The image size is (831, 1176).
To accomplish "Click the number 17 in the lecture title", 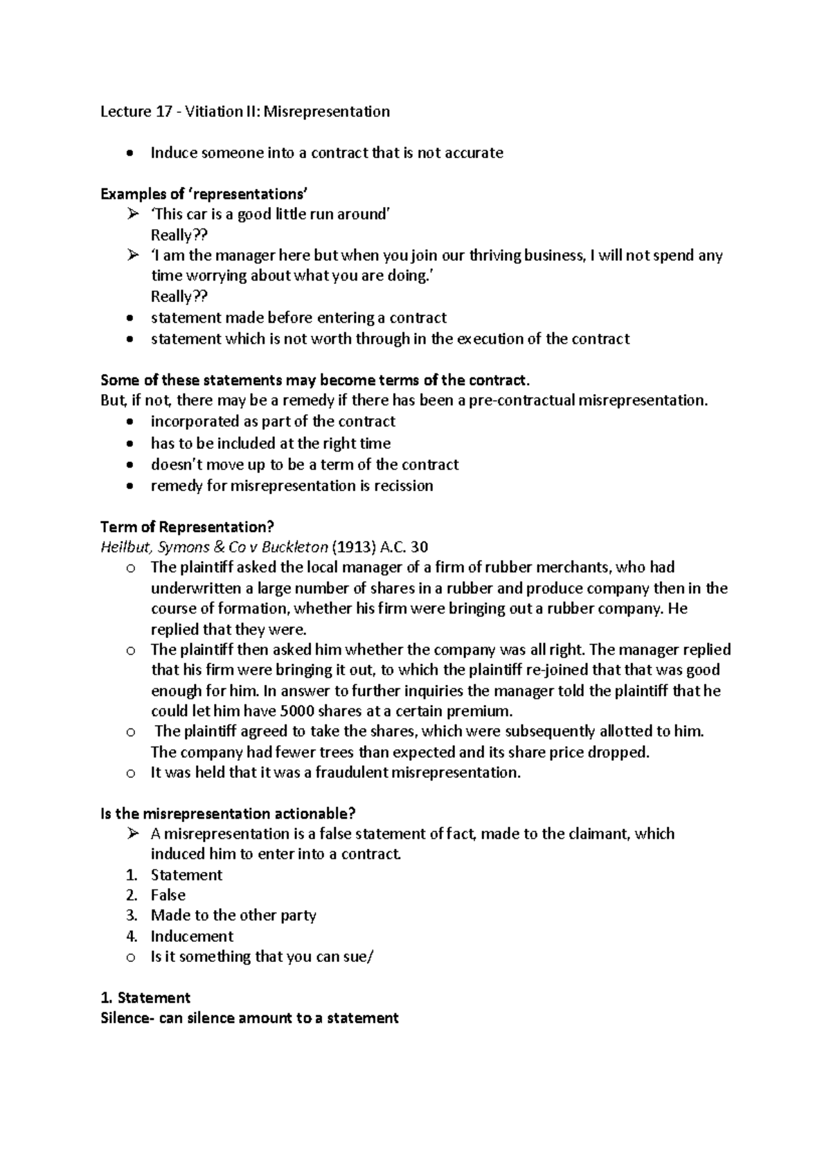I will [x=161, y=112].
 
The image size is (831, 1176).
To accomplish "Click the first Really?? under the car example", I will [x=179, y=235].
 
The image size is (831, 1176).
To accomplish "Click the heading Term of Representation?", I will [x=188, y=526].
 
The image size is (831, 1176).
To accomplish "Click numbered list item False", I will [x=168, y=895].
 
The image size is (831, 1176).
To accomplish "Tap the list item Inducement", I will [x=192, y=936].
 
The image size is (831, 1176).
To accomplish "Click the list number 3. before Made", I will [x=132, y=916].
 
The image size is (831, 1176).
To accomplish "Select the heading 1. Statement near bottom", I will [x=145, y=998].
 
